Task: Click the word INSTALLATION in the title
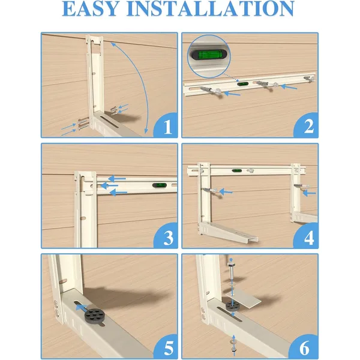click(211, 8)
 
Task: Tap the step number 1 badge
click(166, 125)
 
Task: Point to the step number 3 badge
click(166, 236)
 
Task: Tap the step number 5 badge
click(166, 347)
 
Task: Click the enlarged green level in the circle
click(208, 55)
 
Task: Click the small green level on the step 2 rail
click(242, 84)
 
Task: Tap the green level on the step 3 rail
click(160, 185)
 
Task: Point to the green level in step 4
click(237, 170)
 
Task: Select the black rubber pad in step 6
click(233, 306)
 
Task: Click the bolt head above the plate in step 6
click(232, 265)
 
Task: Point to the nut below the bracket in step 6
click(233, 350)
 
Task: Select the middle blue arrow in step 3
click(109, 185)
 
